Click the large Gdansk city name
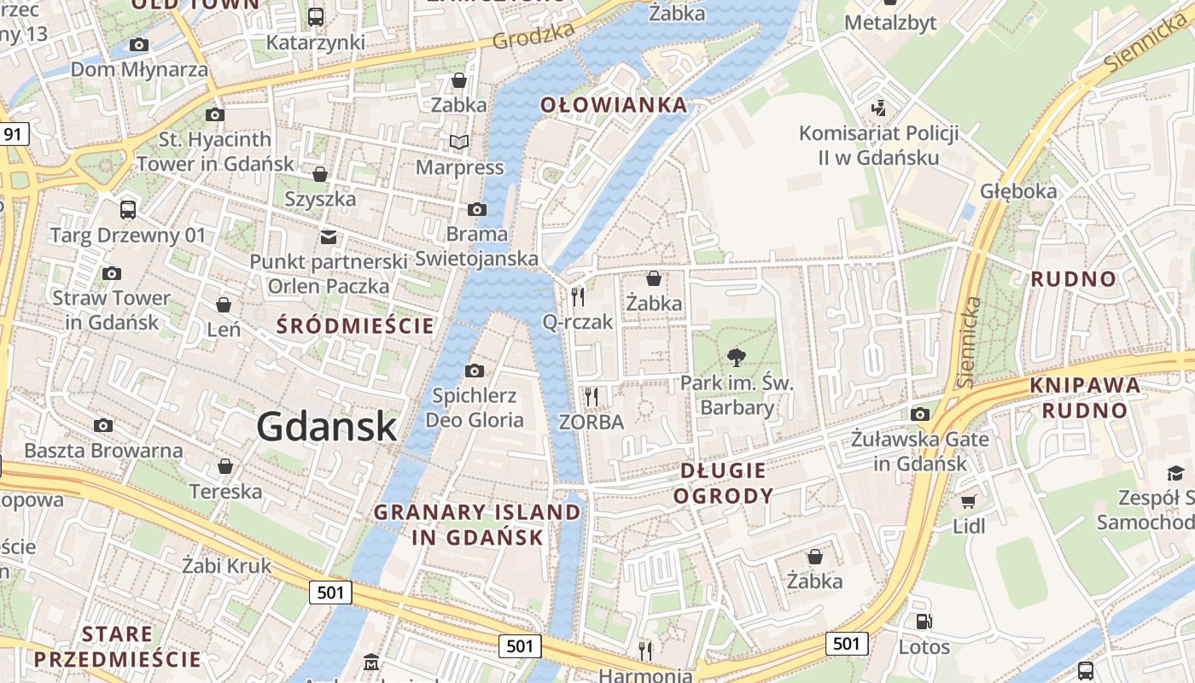point(326,426)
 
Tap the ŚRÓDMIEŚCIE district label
point(355,325)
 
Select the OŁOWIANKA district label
point(614,105)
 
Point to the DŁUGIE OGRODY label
point(723,482)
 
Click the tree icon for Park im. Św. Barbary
point(736,358)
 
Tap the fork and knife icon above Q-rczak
point(578,296)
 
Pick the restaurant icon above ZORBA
point(591,396)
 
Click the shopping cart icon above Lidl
point(968,501)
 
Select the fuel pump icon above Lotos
point(923,622)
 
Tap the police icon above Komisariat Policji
point(878,108)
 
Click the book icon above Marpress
point(459,142)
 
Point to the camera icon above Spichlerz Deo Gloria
point(474,371)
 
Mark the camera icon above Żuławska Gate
point(919,415)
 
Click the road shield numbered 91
point(13,134)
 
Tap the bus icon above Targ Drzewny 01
point(127,209)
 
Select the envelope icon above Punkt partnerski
point(329,236)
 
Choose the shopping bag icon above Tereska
point(225,466)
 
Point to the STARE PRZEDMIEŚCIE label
point(118,646)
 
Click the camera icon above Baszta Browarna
point(103,425)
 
